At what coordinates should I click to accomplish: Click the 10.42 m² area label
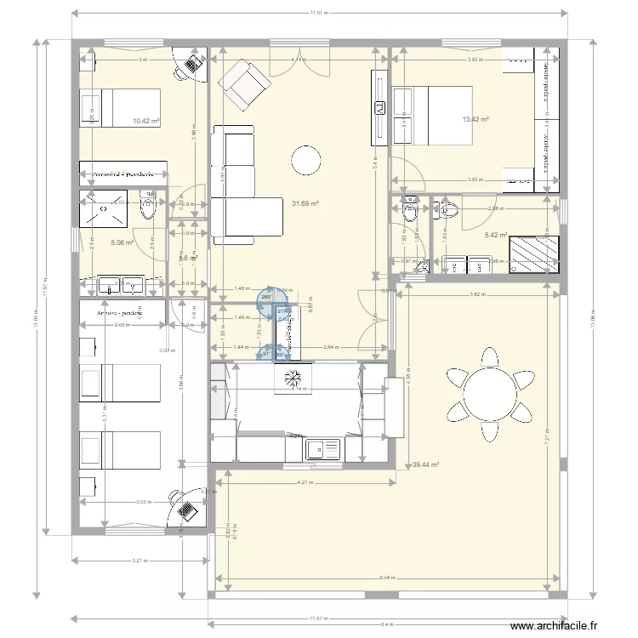(x=146, y=122)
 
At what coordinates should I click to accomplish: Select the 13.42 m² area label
(x=476, y=120)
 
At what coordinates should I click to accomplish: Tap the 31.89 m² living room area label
(x=305, y=203)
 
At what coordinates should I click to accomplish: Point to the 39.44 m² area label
(x=424, y=465)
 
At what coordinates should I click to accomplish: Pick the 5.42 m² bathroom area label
(x=495, y=236)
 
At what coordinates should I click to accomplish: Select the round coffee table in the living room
(x=305, y=159)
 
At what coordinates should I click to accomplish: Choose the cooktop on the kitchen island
(x=291, y=378)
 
